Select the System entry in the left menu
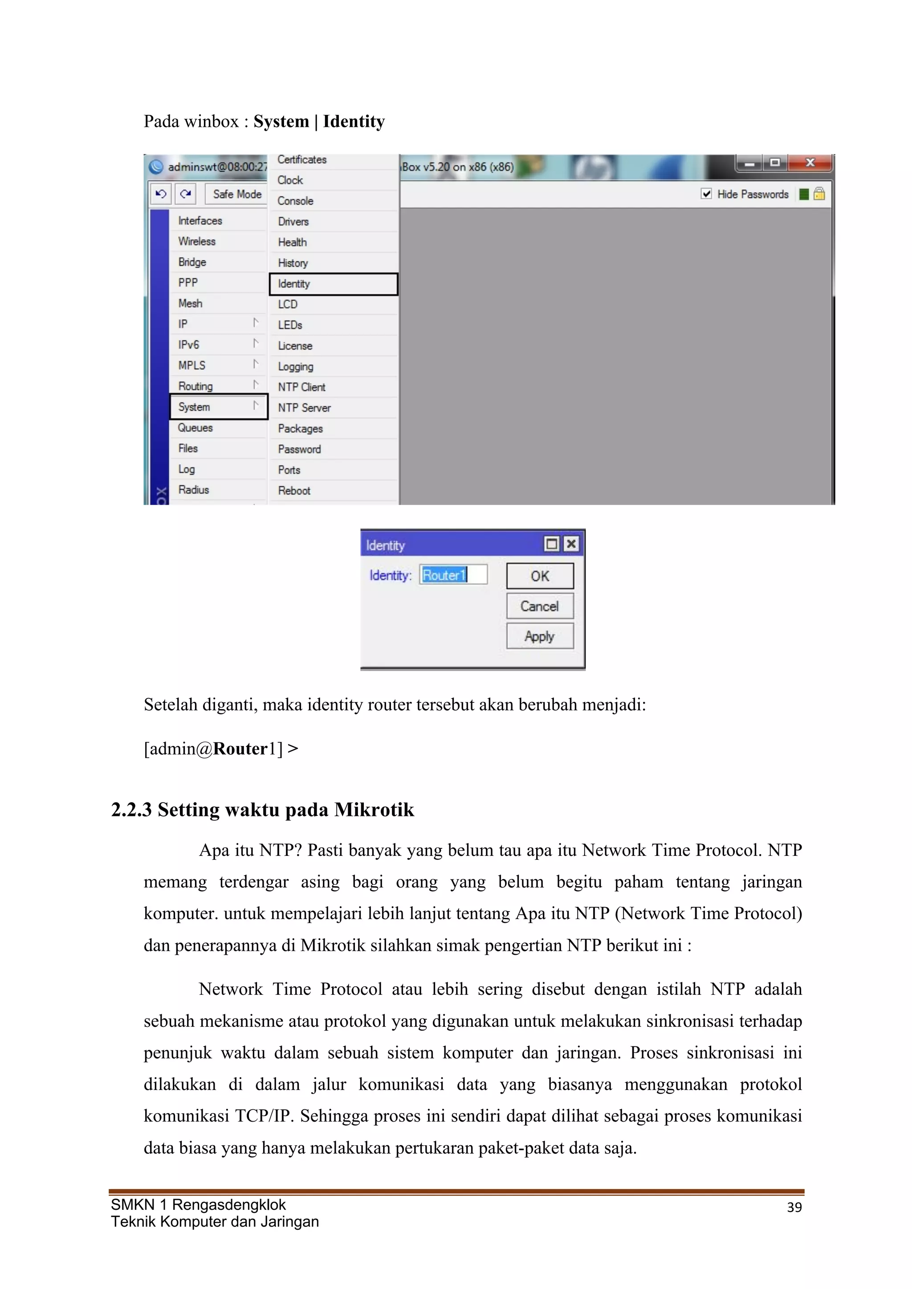218,407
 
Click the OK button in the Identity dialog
540,576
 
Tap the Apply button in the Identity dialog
540,636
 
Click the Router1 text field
452,575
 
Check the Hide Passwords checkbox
706,194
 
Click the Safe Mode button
236,194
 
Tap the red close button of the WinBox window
810,163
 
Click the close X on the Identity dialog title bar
571,543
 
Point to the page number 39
794,1207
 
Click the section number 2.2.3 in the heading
131,810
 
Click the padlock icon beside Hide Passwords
819,194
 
